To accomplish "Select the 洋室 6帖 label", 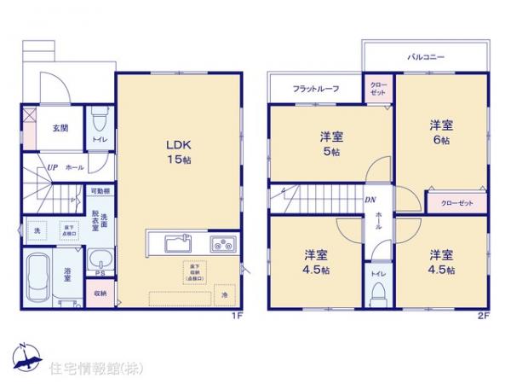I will (440, 131).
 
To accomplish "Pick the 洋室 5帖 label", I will (332, 143).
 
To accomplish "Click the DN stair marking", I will (371, 201).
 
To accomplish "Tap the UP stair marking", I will (52, 167).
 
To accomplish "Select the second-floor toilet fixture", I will (377, 293).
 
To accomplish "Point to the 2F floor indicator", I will (482, 316).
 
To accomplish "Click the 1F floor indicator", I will (240, 316).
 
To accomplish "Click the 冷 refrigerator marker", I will (225, 295).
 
